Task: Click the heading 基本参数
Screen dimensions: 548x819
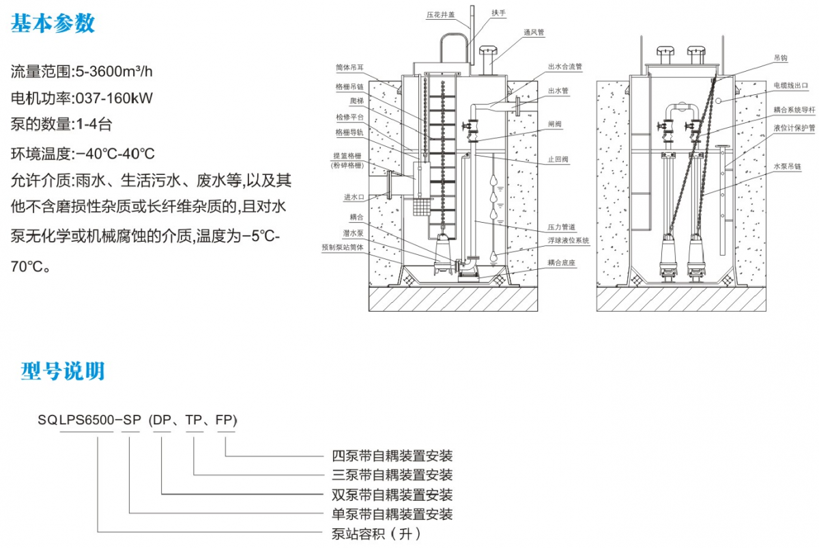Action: click(x=53, y=23)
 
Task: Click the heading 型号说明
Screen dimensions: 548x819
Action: click(x=63, y=371)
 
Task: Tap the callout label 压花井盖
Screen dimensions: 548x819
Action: click(x=440, y=14)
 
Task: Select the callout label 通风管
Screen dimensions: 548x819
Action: click(x=534, y=31)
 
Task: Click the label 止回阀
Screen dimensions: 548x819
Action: click(x=558, y=159)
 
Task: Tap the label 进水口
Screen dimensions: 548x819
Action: click(x=354, y=197)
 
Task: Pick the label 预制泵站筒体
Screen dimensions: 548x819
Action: click(x=343, y=247)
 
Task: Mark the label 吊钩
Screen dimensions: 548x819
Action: click(x=781, y=59)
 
